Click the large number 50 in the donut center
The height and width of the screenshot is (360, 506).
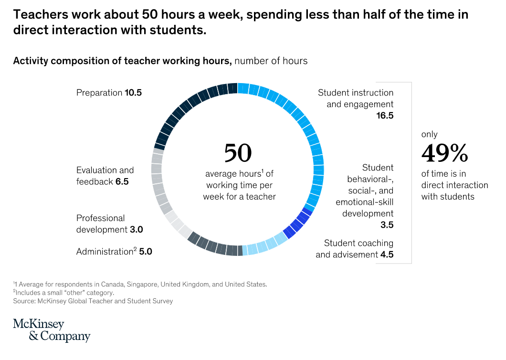238,153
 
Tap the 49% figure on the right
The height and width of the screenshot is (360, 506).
444,153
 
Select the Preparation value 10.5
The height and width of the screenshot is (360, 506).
133,93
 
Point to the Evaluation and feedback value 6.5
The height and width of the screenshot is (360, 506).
122,181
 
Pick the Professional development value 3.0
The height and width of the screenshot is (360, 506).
136,230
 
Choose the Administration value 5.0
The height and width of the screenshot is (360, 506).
145,251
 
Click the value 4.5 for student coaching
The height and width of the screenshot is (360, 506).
387,254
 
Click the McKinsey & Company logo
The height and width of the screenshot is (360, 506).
52,330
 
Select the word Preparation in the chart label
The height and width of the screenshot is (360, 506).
99,93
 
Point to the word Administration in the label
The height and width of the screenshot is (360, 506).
104,251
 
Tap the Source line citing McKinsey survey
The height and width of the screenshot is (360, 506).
93,301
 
